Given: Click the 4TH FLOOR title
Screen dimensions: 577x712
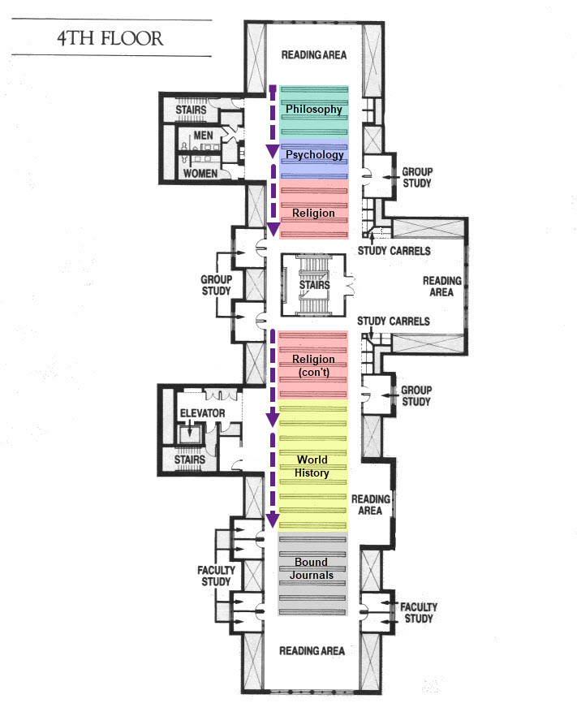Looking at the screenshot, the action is (110, 39).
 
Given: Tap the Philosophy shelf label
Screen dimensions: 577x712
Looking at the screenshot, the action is (314, 110).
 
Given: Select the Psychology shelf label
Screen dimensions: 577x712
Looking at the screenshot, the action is (315, 155).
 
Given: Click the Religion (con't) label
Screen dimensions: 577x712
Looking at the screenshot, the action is (314, 365).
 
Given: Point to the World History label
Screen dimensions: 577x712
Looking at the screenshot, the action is (312, 466).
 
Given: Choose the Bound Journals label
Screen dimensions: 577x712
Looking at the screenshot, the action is (312, 568).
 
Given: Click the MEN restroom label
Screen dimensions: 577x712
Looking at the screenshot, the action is (203, 136).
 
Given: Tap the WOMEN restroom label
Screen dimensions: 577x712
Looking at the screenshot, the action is (200, 174).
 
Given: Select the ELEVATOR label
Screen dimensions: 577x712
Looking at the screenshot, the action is (202, 413).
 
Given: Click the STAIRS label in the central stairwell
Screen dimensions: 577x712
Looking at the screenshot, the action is (315, 285).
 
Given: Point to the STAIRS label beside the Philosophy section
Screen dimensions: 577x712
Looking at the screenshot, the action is (192, 110).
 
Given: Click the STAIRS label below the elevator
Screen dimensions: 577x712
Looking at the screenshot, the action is (190, 460).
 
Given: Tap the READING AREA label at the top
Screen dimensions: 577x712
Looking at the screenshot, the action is (314, 55).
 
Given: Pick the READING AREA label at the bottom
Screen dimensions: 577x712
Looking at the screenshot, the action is (312, 650).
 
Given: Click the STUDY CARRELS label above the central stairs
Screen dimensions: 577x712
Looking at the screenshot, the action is (394, 251).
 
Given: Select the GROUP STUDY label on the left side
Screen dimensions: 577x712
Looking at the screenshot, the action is (217, 285).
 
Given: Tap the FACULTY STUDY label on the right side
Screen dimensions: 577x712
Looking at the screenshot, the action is (419, 613).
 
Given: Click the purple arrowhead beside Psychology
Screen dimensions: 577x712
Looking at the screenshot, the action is (273, 151).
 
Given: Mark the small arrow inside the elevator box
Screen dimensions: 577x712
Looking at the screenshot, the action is (189, 429).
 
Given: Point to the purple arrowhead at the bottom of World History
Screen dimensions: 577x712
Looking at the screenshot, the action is (273, 520).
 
